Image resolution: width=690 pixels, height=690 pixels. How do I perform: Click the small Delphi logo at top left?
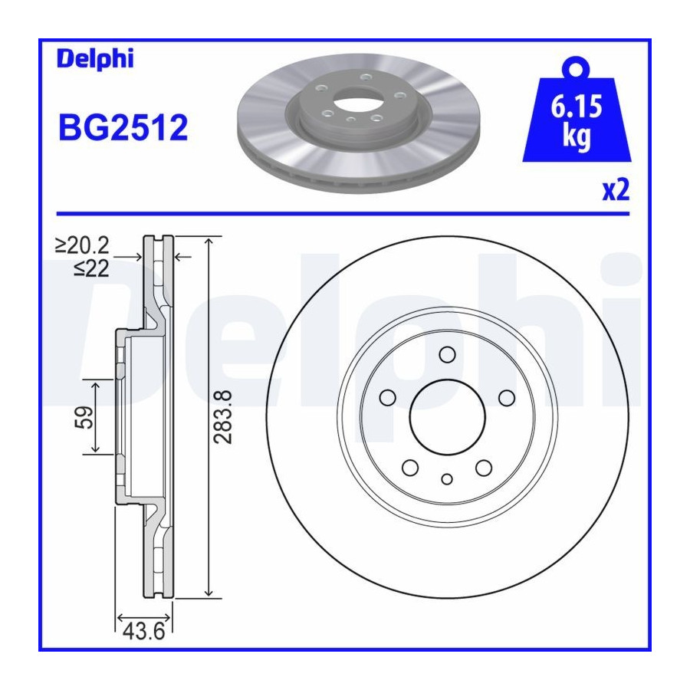coord(95,59)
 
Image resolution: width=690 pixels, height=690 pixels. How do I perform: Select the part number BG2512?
coord(123,127)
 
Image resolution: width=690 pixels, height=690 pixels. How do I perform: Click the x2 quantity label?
coord(616,190)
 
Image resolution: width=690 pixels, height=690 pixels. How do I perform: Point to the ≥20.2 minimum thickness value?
coord(82,245)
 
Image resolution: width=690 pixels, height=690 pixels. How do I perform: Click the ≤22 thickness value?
coord(91,268)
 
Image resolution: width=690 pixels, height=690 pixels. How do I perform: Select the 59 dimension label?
coord(84,417)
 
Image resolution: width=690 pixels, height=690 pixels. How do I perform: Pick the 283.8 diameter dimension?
coord(222,416)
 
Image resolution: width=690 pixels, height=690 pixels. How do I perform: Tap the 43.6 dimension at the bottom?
coord(144,632)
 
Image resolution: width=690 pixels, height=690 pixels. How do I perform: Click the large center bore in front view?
coord(447,417)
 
